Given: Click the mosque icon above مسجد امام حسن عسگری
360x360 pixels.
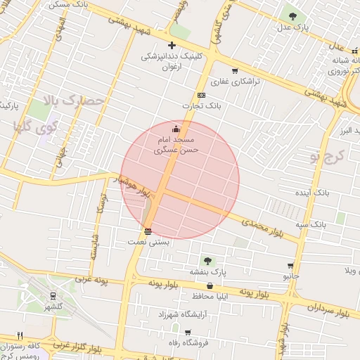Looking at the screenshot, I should tap(175, 129).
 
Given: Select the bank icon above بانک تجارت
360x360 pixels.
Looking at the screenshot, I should tap(202, 95).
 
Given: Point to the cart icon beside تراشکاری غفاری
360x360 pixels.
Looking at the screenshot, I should tap(234, 70).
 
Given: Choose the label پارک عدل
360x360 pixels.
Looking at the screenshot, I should tap(292, 27).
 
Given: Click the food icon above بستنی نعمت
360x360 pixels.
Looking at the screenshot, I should tap(148, 231).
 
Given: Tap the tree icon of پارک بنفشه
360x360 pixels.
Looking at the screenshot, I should tap(207, 260).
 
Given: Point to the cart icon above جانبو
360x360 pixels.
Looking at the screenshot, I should tap(290, 266).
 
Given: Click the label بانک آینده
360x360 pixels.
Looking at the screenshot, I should tap(312, 192).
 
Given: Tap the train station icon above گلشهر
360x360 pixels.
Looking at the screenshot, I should tap(54, 296).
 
